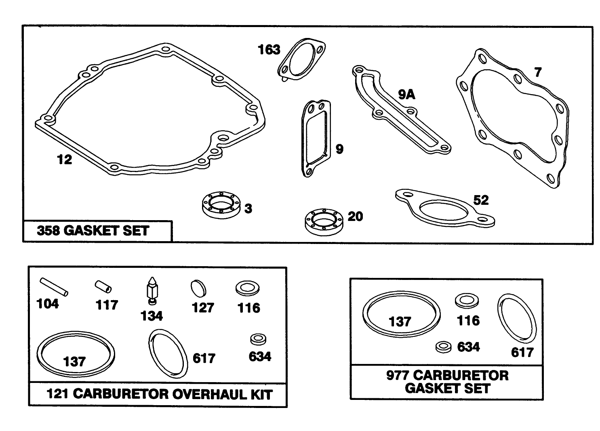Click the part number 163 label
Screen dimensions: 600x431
(x=269, y=50)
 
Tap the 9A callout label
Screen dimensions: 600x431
(x=406, y=95)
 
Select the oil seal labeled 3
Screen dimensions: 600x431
(x=221, y=205)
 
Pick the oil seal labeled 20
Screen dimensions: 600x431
(x=324, y=222)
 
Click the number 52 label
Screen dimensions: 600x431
(x=481, y=200)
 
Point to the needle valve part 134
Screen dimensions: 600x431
(x=152, y=291)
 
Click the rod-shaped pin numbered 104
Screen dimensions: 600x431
(x=54, y=287)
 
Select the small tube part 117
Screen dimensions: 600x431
(x=103, y=287)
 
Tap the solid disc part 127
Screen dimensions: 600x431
(x=198, y=288)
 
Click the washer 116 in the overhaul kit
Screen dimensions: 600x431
(x=248, y=288)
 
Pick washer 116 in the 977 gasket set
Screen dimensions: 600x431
(x=467, y=301)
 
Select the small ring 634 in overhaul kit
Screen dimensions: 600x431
(x=258, y=339)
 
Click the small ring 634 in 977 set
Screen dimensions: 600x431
(x=443, y=347)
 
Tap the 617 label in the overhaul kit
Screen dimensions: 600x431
(x=204, y=358)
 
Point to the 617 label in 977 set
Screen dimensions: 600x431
(x=522, y=353)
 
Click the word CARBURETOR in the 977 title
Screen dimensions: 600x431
(x=461, y=376)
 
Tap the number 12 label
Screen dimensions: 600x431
(x=64, y=160)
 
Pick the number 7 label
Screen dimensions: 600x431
(x=538, y=72)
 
